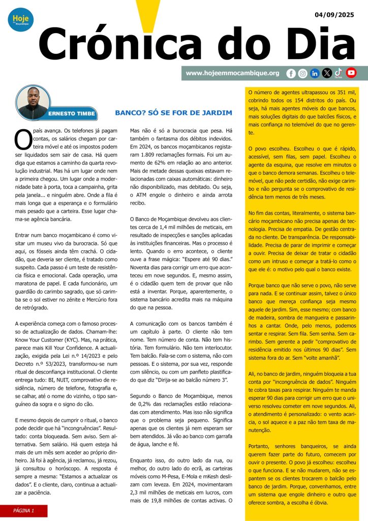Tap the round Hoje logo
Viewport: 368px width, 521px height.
pos(20,20)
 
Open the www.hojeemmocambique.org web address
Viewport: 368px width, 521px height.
pos(232,73)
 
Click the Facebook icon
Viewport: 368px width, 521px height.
pos(291,73)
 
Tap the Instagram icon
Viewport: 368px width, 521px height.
pos(302,73)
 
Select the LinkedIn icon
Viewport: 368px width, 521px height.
pos(315,73)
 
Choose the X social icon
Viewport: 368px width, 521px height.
pos(327,73)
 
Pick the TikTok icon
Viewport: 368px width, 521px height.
pos(339,73)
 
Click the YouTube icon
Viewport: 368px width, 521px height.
pos(351,73)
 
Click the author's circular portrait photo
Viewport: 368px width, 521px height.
pos(33,102)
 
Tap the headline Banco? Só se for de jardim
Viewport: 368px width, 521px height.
pos(173,112)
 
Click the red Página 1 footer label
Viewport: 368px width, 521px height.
pos(24,510)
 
